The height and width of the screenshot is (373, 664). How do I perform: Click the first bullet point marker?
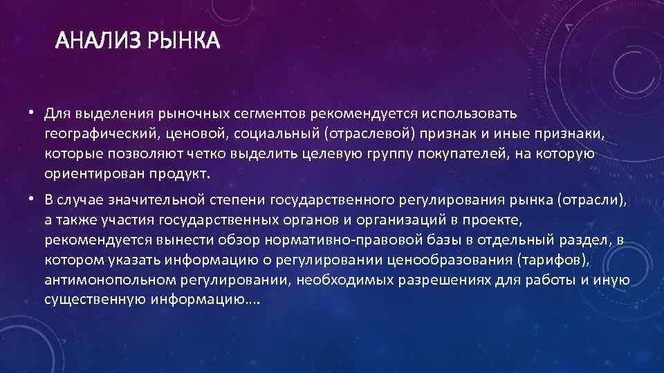[32, 112]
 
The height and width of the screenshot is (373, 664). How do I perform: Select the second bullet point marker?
[32, 200]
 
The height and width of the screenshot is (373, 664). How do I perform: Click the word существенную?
[93, 300]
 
